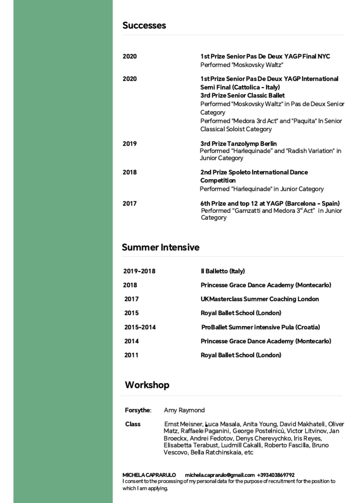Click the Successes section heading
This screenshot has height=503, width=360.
(x=144, y=25)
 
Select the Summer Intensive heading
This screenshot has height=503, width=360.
(x=160, y=247)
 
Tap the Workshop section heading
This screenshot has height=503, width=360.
(x=147, y=385)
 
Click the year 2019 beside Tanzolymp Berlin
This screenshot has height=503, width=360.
(x=130, y=144)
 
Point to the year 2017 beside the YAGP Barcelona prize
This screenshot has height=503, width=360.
(x=130, y=204)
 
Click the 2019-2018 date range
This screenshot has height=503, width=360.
(x=139, y=271)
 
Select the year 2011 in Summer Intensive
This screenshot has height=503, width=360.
(x=131, y=355)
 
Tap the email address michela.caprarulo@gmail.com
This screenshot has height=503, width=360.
(x=220, y=475)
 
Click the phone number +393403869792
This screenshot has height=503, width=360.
(x=276, y=475)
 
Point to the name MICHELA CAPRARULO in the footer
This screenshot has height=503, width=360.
(x=149, y=475)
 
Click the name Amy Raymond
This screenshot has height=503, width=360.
(x=184, y=410)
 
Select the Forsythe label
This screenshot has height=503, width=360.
(x=138, y=410)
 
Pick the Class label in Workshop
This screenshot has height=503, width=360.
(x=133, y=424)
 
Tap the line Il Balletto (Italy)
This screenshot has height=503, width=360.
(x=223, y=271)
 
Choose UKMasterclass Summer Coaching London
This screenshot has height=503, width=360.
(x=260, y=299)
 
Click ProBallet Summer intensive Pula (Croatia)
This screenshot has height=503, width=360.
(x=260, y=327)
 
